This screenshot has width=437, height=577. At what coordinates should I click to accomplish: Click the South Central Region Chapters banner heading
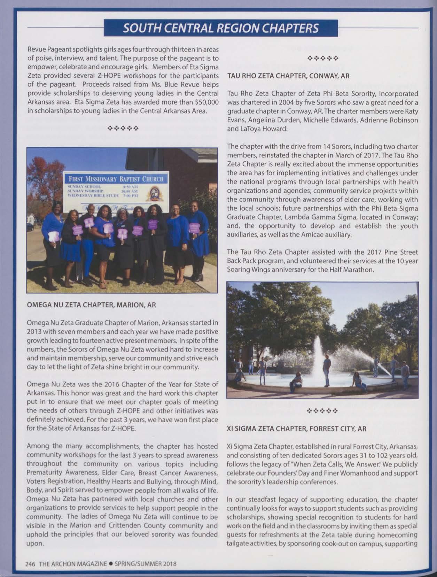click(221, 28)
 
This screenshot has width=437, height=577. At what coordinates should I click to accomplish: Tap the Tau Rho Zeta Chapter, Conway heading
click(288, 76)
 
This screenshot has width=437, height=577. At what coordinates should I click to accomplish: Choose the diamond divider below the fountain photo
click(322, 410)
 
